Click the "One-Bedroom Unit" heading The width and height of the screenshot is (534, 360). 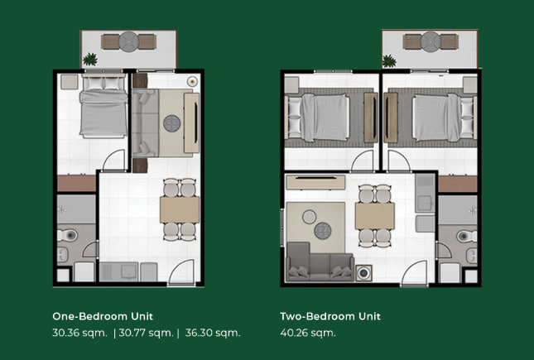point(103,316)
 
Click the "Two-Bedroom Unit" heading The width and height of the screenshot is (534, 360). point(330,316)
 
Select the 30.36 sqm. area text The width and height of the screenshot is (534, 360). point(79,333)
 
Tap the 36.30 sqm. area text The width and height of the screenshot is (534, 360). point(213,333)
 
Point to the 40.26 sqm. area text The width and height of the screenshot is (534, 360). point(308,333)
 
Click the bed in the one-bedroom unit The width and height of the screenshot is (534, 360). point(103,107)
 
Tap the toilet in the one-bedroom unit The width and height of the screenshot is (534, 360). point(67,235)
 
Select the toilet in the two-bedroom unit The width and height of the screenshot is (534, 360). point(467,236)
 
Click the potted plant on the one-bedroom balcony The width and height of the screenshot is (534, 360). point(90,60)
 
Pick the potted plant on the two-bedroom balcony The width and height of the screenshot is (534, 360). point(389,61)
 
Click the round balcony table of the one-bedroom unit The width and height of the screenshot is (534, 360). point(128,41)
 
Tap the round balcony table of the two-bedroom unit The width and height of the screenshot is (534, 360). point(431,41)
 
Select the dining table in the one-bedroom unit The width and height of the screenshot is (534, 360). point(180,209)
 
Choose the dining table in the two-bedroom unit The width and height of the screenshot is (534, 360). point(374,216)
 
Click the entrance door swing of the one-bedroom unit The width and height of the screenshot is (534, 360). point(181,271)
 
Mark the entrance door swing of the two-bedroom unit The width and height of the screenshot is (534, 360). point(415,272)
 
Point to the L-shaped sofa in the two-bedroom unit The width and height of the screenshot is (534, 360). point(315,263)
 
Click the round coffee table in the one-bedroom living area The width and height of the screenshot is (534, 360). point(171,123)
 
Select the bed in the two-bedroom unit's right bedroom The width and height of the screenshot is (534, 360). point(445,118)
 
